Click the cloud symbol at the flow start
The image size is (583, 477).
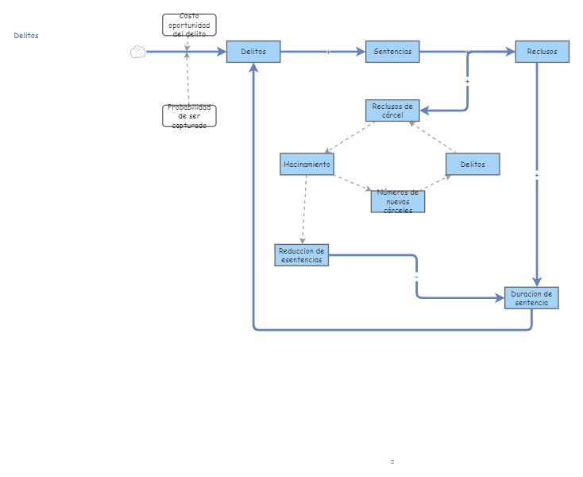point(137,52)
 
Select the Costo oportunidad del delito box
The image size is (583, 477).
point(189,25)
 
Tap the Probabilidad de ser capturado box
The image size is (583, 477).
point(189,116)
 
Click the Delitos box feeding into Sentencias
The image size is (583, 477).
point(253,52)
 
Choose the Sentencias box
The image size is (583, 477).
point(392,52)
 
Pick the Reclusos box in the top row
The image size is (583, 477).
point(542,52)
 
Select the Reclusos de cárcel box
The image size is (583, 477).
point(392,111)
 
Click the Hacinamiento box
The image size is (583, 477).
point(307,164)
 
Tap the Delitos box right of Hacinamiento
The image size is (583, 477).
point(473,164)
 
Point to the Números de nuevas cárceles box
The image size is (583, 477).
point(397,201)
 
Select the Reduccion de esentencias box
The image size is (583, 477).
point(302,255)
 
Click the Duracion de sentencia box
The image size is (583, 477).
point(531,297)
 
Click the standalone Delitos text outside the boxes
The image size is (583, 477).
point(26,35)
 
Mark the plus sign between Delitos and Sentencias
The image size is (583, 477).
point(328,52)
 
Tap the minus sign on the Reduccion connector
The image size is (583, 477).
point(416,277)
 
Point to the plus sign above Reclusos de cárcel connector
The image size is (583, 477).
point(467,81)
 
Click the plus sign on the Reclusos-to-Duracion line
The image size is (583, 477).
point(537,175)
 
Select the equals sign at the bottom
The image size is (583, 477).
point(392,461)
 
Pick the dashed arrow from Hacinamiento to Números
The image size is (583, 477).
point(352,183)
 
